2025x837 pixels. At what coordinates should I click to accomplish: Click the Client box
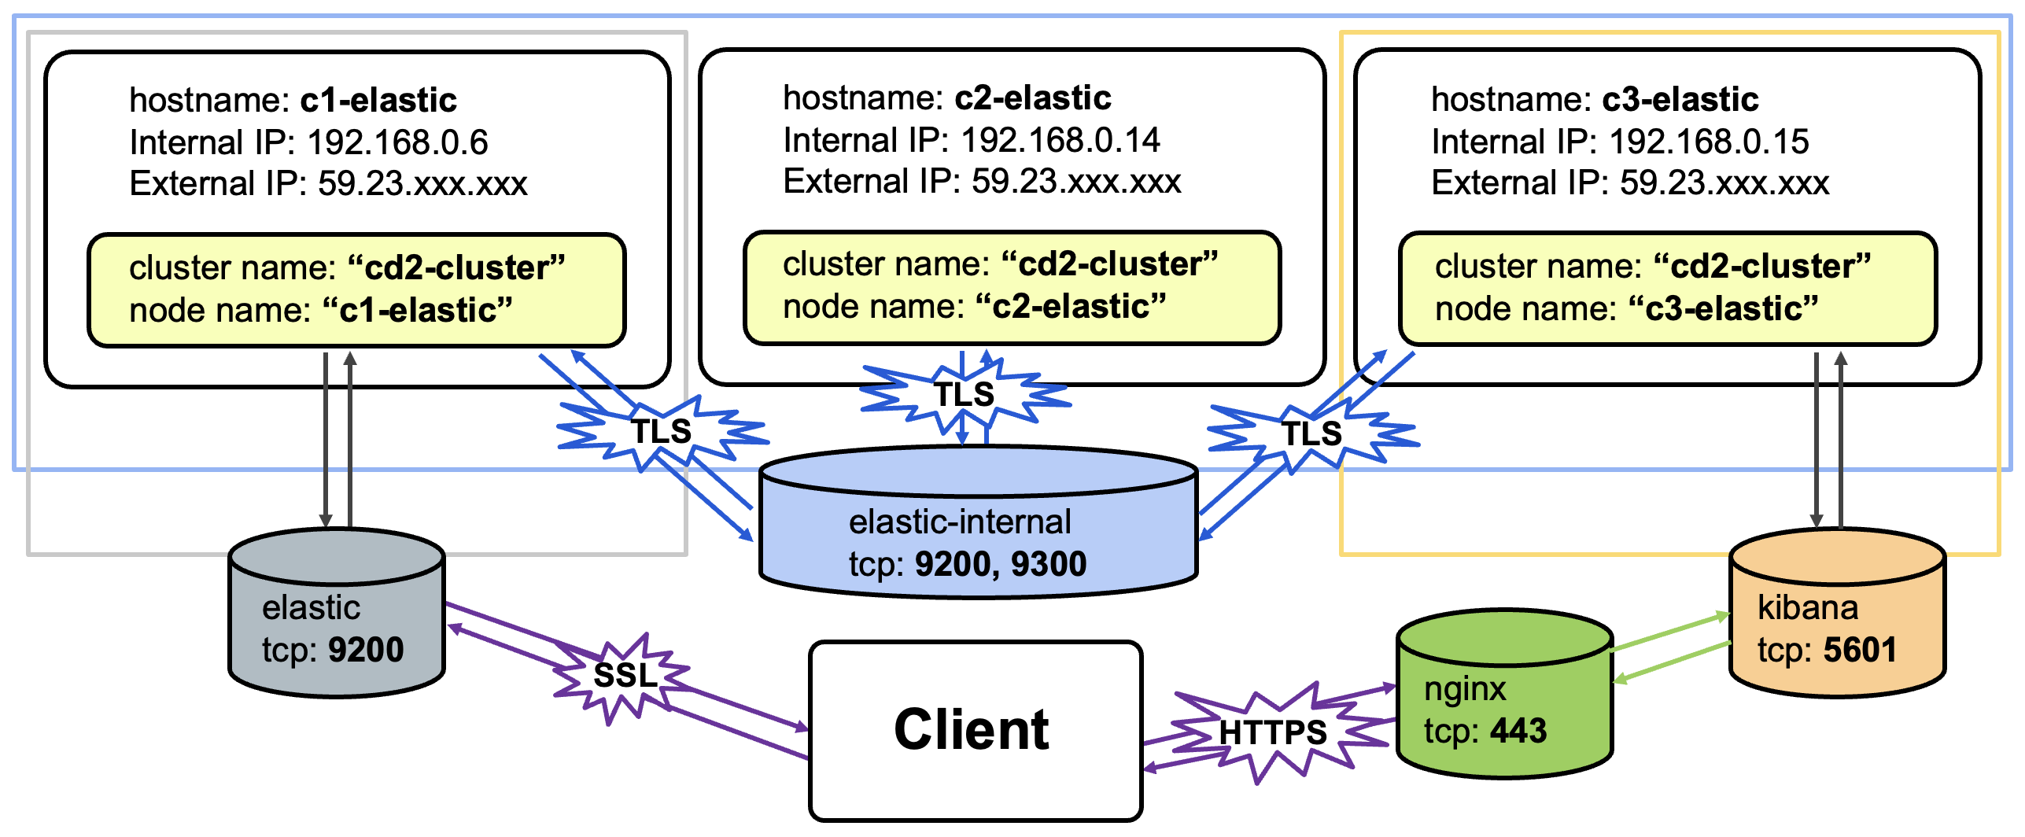tap(975, 731)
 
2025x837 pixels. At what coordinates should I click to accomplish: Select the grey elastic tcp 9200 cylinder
tap(337, 621)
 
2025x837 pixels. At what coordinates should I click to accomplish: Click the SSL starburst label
tap(624, 676)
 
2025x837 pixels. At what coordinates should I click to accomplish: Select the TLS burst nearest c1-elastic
tap(662, 432)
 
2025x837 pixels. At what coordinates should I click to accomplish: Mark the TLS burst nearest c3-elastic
tap(1311, 433)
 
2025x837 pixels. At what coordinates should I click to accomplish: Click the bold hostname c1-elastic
tap(378, 101)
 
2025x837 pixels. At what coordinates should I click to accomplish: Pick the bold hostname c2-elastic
tap(1032, 98)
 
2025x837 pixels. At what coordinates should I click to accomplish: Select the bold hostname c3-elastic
tap(1680, 100)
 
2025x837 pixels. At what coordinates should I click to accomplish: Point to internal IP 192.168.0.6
tap(397, 142)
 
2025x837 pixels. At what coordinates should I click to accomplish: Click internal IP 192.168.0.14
tap(1060, 141)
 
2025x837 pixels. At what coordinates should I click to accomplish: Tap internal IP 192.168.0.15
tap(1708, 142)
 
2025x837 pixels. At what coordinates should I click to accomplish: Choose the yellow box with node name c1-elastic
tap(356, 289)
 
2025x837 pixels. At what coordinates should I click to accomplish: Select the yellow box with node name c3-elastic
tap(1667, 288)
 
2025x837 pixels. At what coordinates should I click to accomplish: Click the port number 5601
tap(1859, 651)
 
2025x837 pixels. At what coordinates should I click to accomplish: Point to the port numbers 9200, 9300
tap(1001, 565)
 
